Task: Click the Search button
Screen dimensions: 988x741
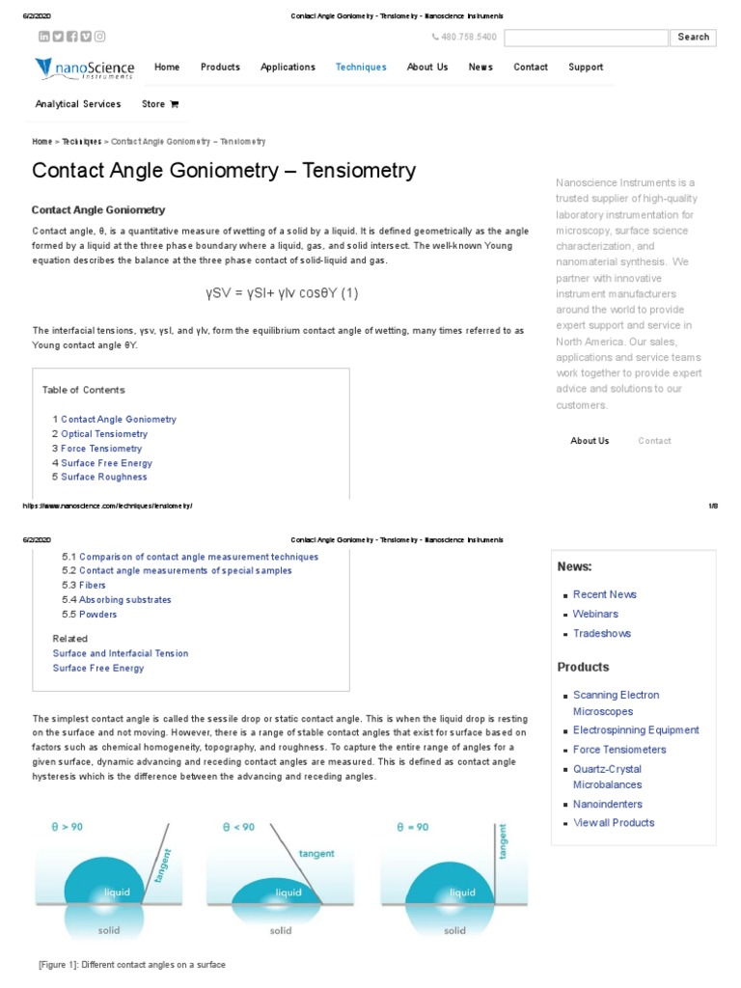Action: coord(693,38)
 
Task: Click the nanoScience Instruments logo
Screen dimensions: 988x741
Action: coord(85,69)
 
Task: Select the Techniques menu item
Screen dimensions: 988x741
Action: coord(361,68)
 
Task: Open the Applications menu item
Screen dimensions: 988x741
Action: coord(288,68)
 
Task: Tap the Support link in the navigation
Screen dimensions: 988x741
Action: coord(586,68)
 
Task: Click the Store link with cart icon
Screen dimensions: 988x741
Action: coord(160,104)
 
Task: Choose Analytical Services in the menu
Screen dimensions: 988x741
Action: coord(78,104)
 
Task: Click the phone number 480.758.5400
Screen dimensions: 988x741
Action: coord(468,38)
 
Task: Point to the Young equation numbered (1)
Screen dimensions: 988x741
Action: coord(282,292)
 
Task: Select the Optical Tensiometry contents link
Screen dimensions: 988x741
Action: coord(104,434)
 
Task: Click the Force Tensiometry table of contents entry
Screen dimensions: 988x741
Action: coord(101,449)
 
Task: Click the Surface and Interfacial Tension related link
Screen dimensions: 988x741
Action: coord(121,653)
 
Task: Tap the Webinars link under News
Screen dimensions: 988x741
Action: coord(595,614)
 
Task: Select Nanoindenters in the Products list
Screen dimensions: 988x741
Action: coord(607,804)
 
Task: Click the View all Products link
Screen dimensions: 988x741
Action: coord(614,823)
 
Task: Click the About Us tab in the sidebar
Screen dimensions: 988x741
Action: coord(590,441)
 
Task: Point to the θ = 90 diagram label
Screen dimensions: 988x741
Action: coord(412,827)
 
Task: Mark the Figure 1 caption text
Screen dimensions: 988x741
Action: coord(132,965)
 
